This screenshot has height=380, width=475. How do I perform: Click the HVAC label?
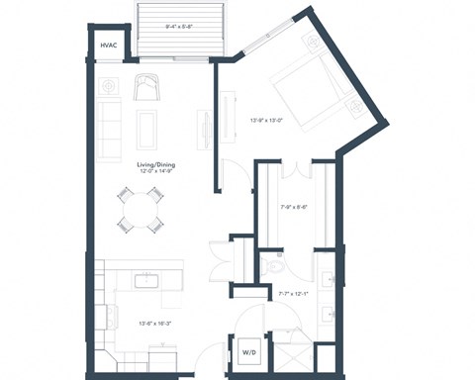point(108,46)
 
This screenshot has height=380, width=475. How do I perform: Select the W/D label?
point(249,353)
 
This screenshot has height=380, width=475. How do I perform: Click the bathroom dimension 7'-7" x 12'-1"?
point(291,293)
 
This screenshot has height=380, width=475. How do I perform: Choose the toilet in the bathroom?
point(273,266)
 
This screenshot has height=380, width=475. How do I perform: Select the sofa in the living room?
point(107,127)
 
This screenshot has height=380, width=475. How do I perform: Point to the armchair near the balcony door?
point(146,88)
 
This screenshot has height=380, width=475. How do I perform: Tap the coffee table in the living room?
point(145,129)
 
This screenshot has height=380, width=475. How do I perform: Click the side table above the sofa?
point(107,85)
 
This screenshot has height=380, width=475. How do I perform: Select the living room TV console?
point(205,130)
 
